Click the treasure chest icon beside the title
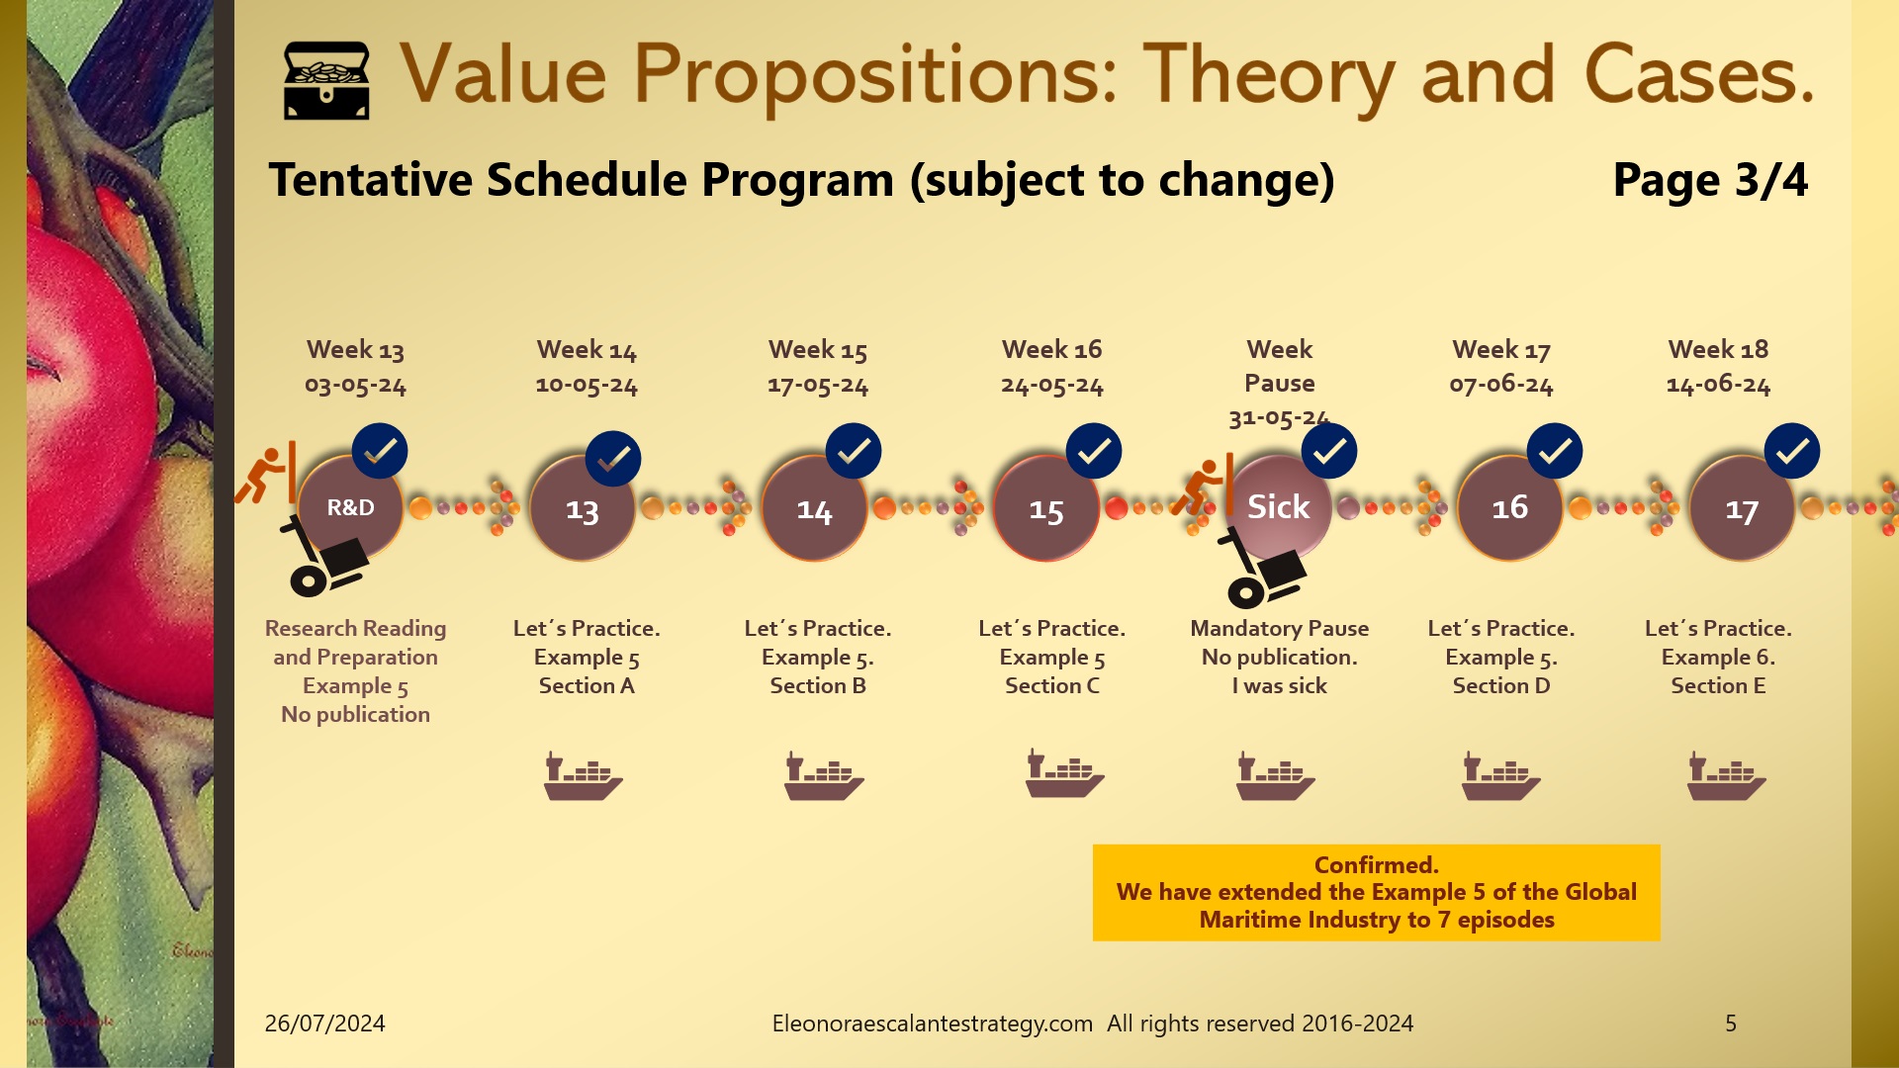pos(326,80)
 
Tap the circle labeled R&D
pos(350,507)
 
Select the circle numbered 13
pos(582,510)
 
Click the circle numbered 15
pos(1045,510)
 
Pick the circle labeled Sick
pos(1278,507)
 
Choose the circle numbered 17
pos(1741,510)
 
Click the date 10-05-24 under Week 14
pos(587,385)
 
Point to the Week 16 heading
pos(1051,349)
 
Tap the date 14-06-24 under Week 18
pos(1718,385)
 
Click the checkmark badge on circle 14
pos(853,452)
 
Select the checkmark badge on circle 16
pos(1554,452)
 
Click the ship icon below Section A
pos(583,775)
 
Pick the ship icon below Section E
pos(1726,775)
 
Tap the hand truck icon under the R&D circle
pos(324,557)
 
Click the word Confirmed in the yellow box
pos(1376,865)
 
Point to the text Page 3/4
pos(1709,180)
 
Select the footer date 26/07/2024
pos(324,1023)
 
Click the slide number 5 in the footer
pos(1730,1023)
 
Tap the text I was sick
pos(1279,686)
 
